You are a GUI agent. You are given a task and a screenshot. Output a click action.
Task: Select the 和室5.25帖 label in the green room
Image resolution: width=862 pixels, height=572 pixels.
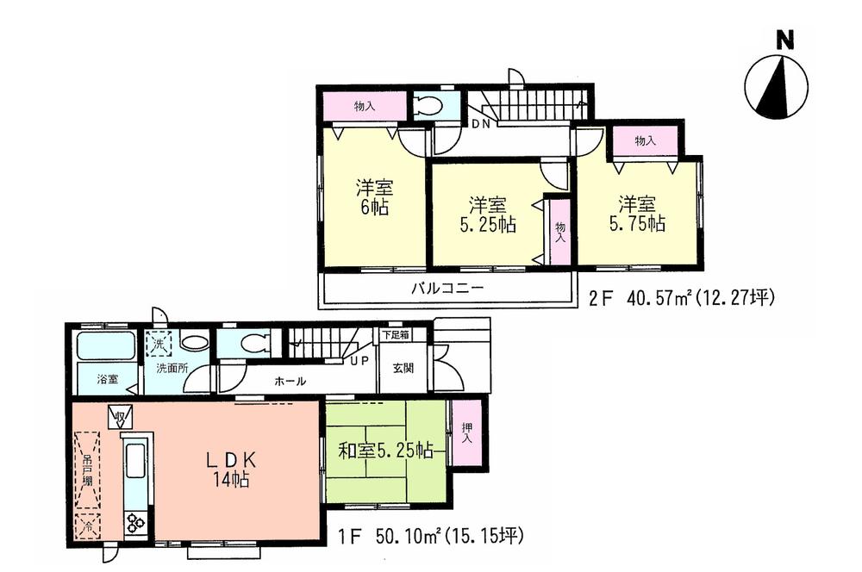click(x=384, y=450)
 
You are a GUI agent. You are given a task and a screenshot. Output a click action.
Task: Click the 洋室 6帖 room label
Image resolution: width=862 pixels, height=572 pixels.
click(x=372, y=197)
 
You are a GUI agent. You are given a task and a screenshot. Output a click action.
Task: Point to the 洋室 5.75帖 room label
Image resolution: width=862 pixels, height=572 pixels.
click(x=636, y=214)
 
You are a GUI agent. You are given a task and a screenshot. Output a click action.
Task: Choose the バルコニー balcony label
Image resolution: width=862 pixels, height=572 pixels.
click(x=446, y=289)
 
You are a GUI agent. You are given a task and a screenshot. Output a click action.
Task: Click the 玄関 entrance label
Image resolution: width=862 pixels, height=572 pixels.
click(x=403, y=368)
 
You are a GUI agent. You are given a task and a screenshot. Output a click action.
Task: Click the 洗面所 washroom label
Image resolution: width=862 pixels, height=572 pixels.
click(x=171, y=369)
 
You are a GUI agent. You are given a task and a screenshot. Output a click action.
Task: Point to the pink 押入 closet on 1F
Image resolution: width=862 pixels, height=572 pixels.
click(x=466, y=432)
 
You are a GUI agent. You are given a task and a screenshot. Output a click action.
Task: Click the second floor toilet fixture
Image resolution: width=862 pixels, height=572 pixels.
click(x=428, y=106)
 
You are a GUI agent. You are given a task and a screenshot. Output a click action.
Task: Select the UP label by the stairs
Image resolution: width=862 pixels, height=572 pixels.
click(x=360, y=359)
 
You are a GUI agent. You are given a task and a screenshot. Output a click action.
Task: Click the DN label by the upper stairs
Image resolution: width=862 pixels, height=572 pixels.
click(x=480, y=124)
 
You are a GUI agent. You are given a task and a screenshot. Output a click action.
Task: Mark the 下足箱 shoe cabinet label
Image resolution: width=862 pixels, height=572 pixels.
click(x=397, y=333)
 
